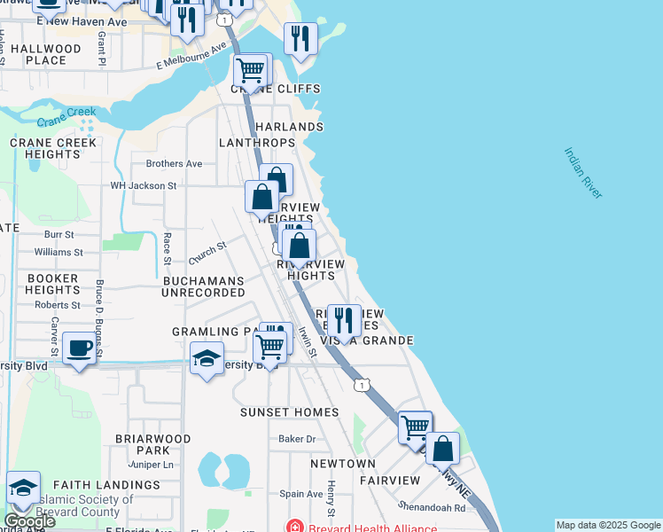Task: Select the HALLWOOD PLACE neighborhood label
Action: [46, 54]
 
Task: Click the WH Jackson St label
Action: [144, 186]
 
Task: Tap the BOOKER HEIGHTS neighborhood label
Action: [52, 284]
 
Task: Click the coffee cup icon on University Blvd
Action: [79, 348]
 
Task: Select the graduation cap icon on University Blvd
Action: [207, 360]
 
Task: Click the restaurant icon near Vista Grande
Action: [343, 319]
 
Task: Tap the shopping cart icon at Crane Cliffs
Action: [251, 69]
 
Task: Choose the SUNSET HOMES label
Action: [290, 412]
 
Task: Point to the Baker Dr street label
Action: [297, 439]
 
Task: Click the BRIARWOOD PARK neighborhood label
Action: [153, 444]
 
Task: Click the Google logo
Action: [30, 520]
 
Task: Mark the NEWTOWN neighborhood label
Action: [343, 464]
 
